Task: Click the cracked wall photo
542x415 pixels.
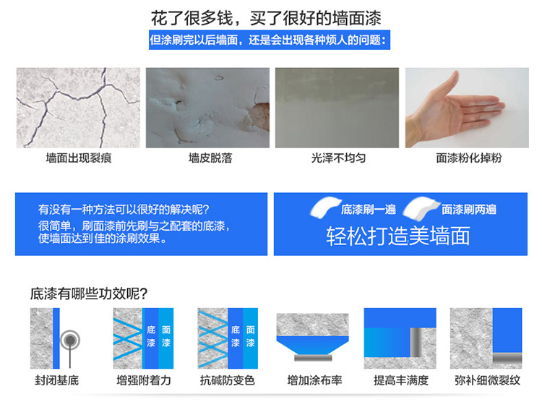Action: coord(68,108)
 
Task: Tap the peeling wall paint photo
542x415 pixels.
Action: coord(207,108)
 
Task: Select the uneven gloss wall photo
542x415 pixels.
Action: coord(337,108)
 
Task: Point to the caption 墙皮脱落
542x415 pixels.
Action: coord(210,158)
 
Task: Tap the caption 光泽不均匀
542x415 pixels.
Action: coord(339,158)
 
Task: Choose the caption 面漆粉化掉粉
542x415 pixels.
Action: coord(469,158)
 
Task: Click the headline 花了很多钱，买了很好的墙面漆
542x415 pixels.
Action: coord(265,18)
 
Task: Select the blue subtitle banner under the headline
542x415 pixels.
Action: coord(268,40)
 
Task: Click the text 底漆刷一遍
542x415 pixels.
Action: coord(369,210)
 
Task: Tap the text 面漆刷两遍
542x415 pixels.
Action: coord(469,210)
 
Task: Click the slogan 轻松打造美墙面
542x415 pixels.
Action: coord(398,236)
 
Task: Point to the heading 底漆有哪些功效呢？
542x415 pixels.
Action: coord(90,294)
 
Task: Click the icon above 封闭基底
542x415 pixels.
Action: coord(56,338)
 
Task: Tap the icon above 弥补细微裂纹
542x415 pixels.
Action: coord(486,338)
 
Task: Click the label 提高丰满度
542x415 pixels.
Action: coord(401,380)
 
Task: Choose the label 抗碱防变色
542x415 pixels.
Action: coord(228,380)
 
